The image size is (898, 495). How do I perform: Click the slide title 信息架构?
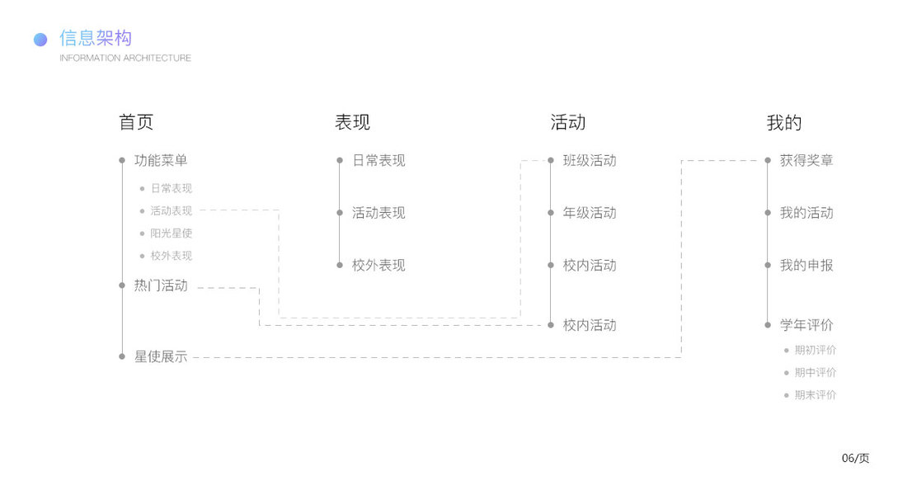point(96,38)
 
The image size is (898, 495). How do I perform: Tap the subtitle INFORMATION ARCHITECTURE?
point(125,58)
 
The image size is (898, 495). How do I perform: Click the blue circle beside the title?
point(40,40)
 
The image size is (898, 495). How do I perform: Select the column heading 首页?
point(136,123)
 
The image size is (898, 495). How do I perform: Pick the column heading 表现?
point(352,123)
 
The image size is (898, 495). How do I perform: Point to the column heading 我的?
point(783,123)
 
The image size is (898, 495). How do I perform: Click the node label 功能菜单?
point(161,160)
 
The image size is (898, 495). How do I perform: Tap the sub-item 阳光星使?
point(171,233)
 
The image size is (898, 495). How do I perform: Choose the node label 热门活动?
point(161,285)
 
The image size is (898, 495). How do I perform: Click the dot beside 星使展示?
point(122,356)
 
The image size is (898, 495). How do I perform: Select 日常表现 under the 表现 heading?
point(378,160)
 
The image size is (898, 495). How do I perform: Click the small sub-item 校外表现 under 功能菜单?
point(171,256)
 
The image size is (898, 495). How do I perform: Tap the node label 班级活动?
point(590,160)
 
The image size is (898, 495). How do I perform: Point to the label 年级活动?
point(590,213)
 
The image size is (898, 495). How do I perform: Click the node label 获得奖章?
point(806,160)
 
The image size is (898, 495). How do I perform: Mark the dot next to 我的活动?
point(768,213)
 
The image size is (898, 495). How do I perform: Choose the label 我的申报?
point(806,265)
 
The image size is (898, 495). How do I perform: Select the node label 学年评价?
point(806,325)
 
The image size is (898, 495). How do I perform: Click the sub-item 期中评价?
point(816,372)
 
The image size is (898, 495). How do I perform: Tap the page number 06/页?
point(855,458)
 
